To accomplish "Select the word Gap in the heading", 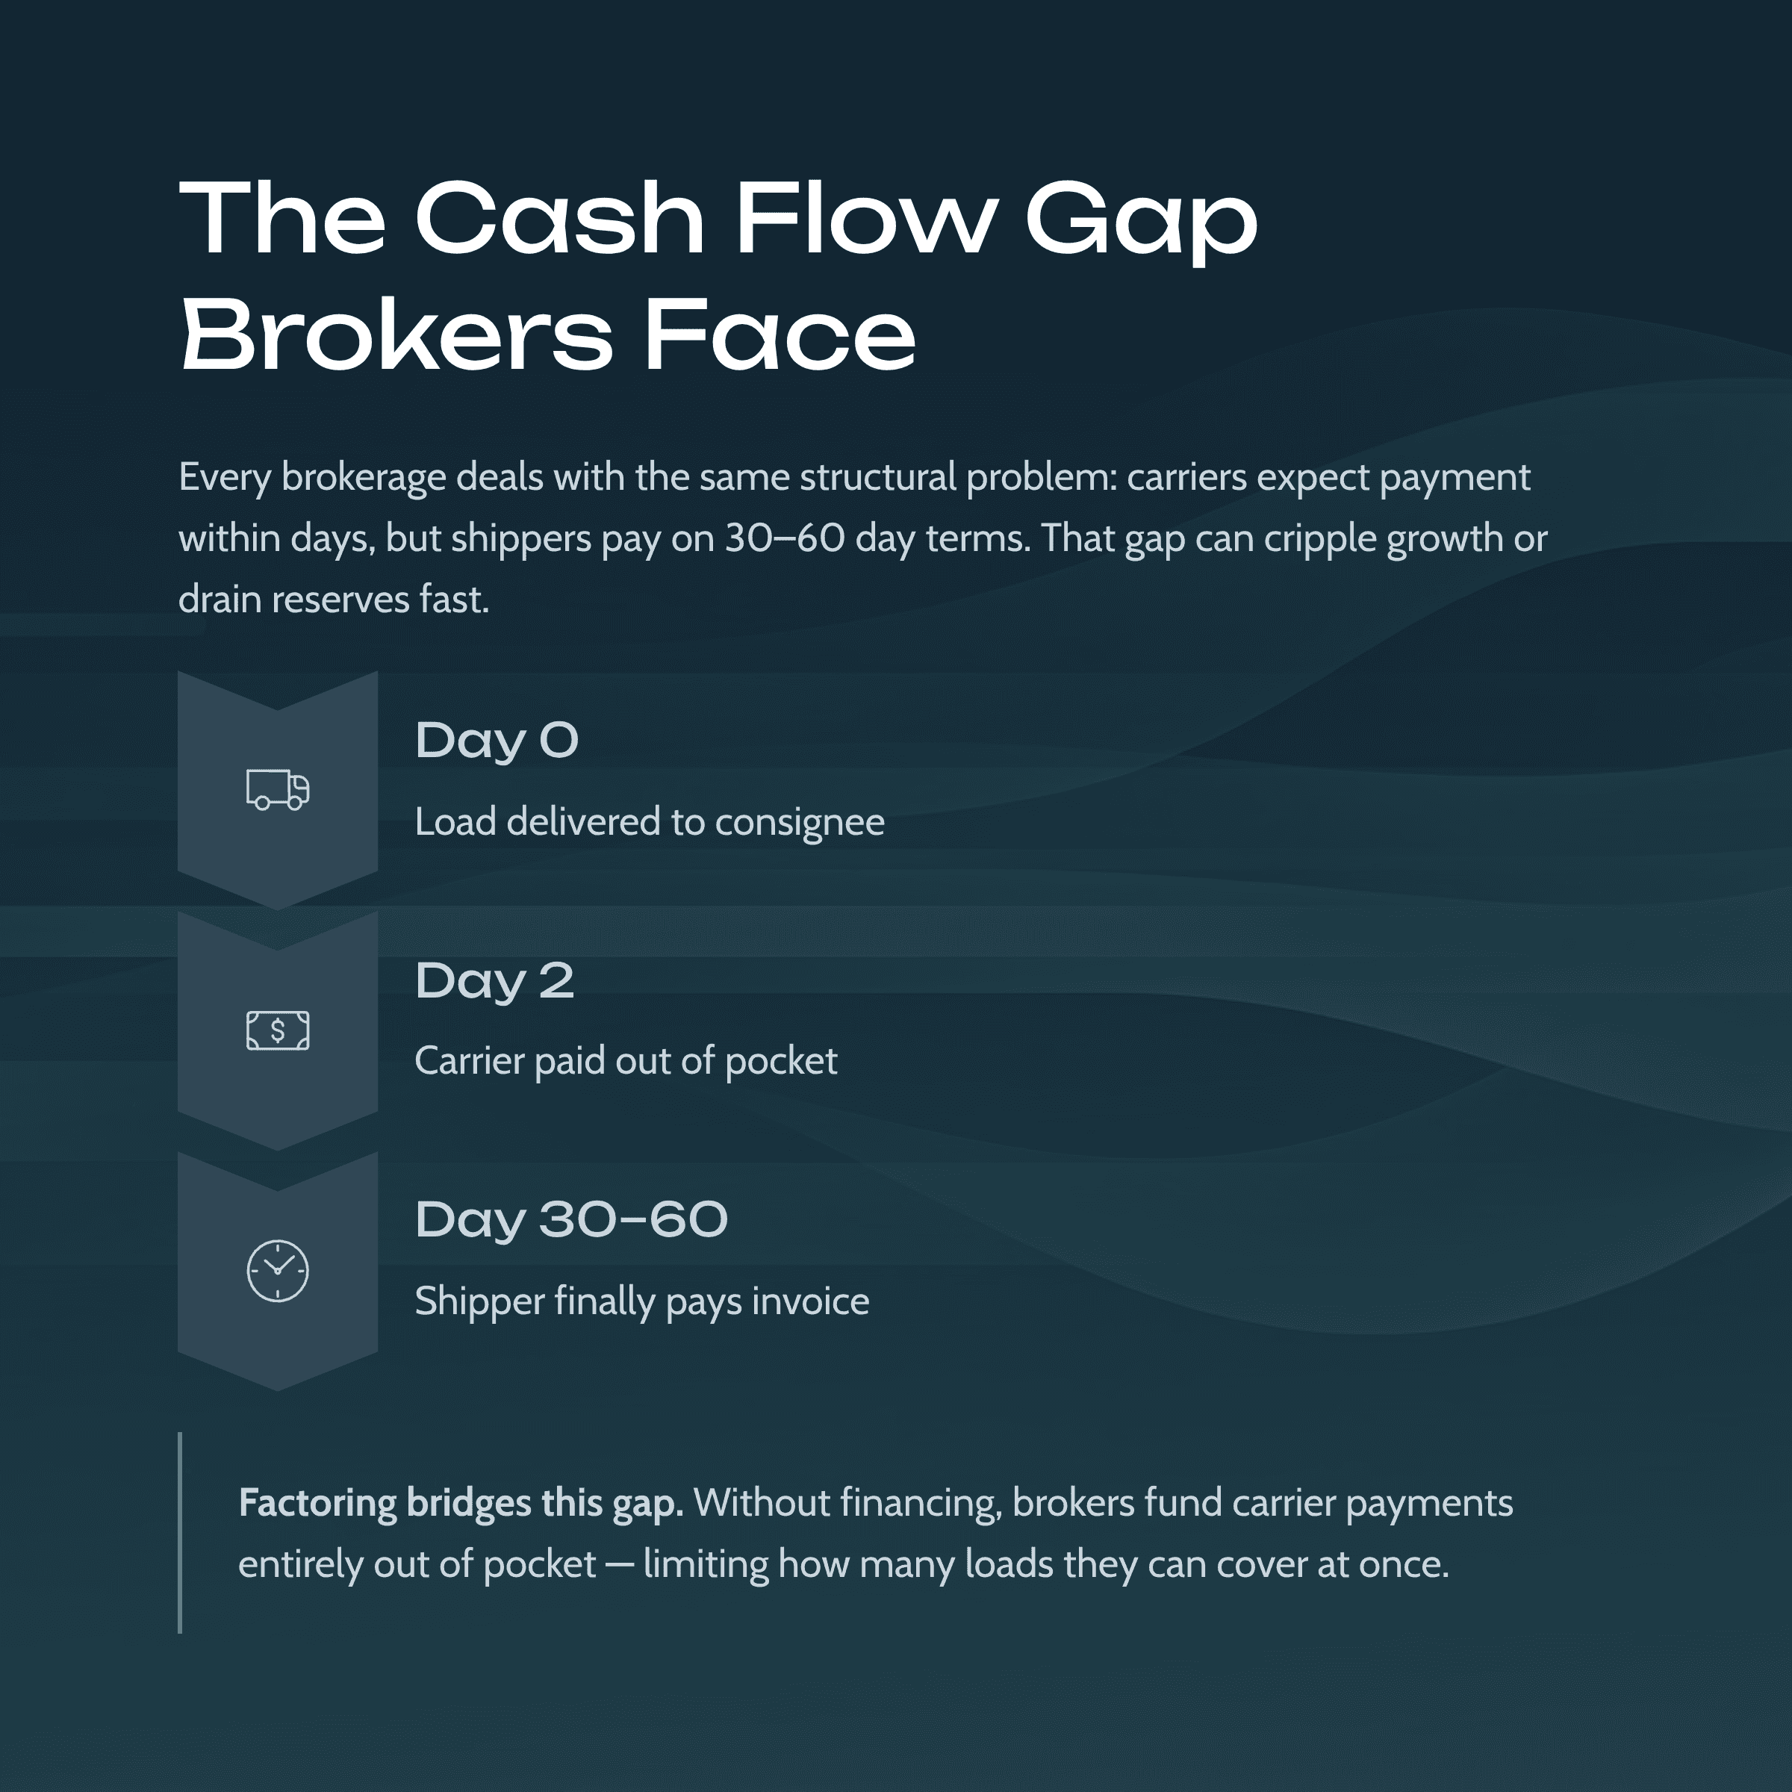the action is pyautogui.click(x=1141, y=221).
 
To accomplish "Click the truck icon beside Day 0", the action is pyautogui.click(x=277, y=790).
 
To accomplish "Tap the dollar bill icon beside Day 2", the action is pyautogui.click(x=277, y=1030).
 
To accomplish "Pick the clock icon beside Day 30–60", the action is pyautogui.click(x=277, y=1271).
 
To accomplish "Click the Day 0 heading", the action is pyautogui.click(x=497, y=740).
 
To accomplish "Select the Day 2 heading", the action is pyautogui.click(x=494, y=980).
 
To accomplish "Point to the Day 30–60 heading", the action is pyautogui.click(x=571, y=1220).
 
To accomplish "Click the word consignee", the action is pyautogui.click(x=800, y=823).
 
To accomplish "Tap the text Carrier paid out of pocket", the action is pyautogui.click(x=626, y=1061).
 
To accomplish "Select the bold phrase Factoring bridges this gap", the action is pyautogui.click(x=461, y=1502).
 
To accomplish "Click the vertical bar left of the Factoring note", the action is pyautogui.click(x=180, y=1532).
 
